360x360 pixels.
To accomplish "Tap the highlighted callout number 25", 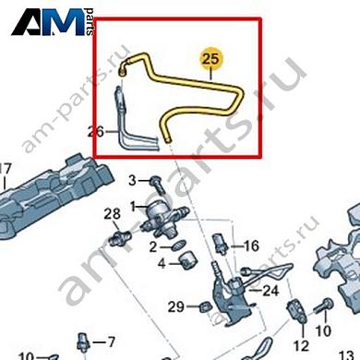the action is tap(212, 57).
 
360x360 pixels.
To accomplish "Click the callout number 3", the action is tap(132, 178).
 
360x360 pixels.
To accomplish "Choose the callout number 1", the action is tap(132, 204).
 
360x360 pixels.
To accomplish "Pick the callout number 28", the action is tap(112, 215).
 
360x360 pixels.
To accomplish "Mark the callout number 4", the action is tap(160, 262).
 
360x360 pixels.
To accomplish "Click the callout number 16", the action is tap(251, 246).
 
